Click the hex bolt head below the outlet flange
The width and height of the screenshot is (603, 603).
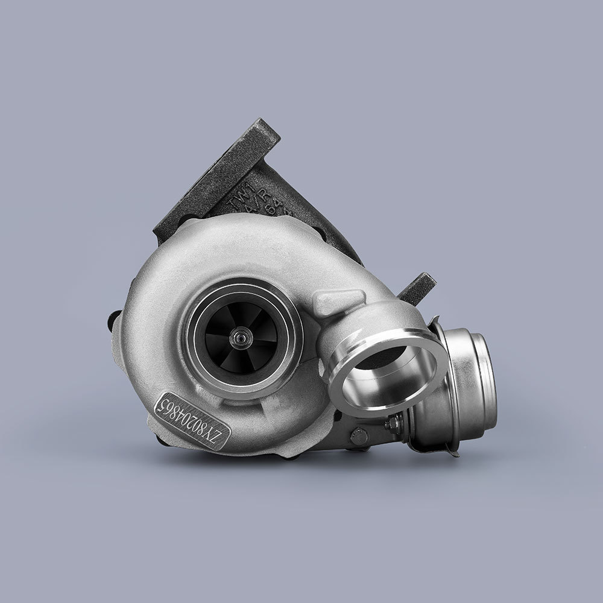pyautogui.click(x=359, y=433)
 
